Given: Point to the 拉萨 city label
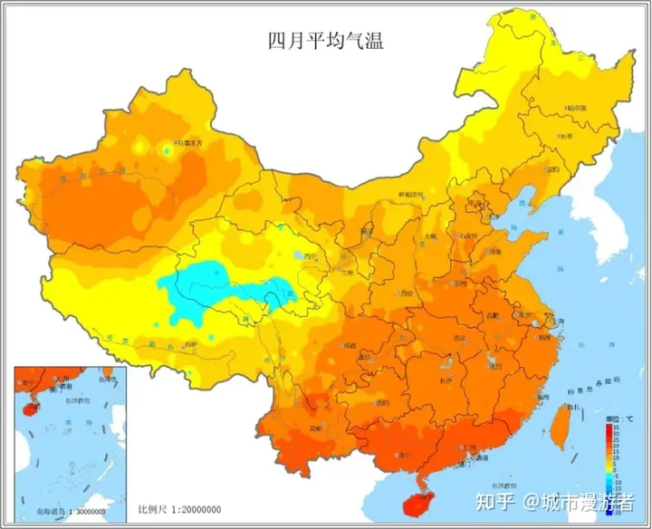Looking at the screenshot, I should tap(188, 344).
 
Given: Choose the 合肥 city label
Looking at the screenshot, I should tap(493, 315).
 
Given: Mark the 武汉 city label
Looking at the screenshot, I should tap(460, 338).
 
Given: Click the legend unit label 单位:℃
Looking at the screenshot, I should tap(613, 418).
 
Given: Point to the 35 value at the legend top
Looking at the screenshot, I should tap(616, 427).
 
